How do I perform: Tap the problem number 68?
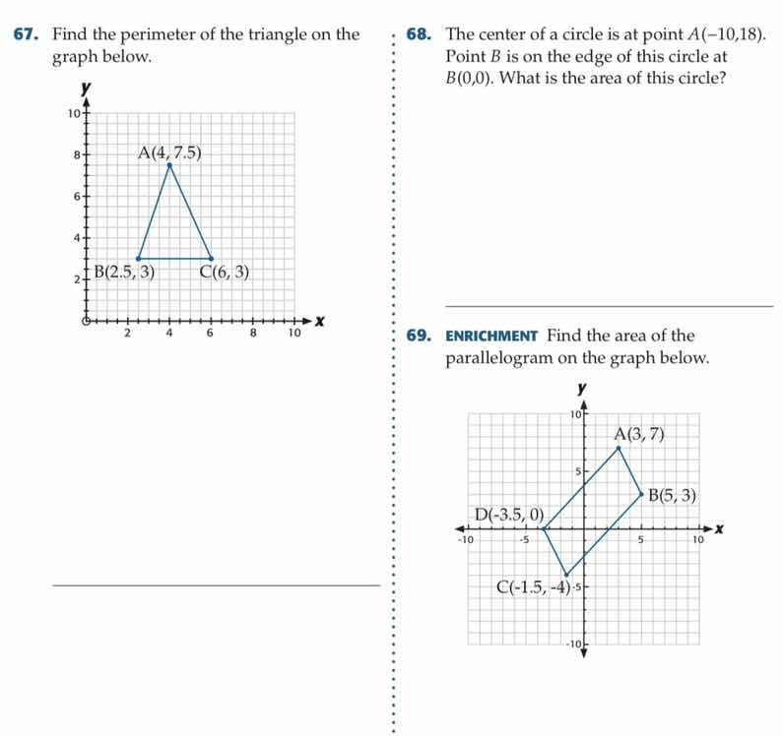coord(420,35)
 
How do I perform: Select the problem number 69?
coord(420,336)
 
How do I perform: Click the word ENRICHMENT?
coord(490,337)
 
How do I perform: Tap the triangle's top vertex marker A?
coord(169,164)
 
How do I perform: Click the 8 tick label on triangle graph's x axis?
coord(253,334)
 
